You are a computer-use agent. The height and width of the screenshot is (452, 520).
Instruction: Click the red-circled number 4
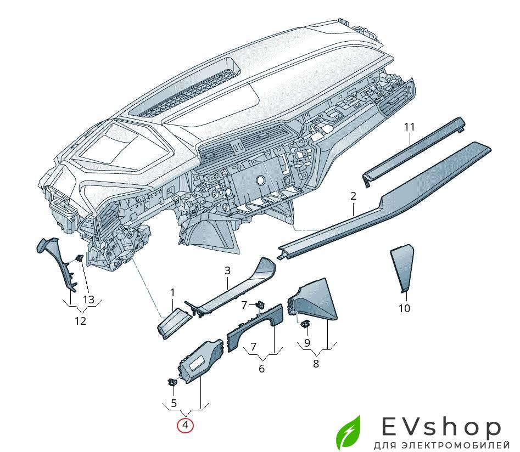tap(185, 425)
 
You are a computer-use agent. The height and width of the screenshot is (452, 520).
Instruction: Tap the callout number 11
tap(410, 127)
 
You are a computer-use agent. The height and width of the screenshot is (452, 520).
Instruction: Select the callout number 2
tap(353, 196)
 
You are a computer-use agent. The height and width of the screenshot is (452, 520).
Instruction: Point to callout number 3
tap(227, 271)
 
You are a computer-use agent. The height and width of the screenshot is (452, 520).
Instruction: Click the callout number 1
tap(172, 292)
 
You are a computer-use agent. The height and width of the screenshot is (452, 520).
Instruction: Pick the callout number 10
tap(404, 308)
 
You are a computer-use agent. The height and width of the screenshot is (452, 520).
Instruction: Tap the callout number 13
tap(88, 300)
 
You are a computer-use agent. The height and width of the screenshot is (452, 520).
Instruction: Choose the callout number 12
tap(80, 321)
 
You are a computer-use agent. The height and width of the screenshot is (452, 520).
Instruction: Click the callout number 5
tap(174, 403)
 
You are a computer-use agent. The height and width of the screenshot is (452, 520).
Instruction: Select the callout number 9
tap(307, 342)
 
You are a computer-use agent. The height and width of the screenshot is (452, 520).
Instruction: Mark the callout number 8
tap(316, 364)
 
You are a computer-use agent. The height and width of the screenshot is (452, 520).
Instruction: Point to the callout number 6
tap(262, 369)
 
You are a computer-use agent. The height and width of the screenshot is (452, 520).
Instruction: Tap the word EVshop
tap(441, 426)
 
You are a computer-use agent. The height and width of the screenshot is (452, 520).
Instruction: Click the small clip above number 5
tap(172, 381)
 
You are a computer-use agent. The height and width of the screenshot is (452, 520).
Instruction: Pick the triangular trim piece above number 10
tap(402, 268)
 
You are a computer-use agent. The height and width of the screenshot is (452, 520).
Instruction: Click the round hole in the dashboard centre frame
tap(260, 180)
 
